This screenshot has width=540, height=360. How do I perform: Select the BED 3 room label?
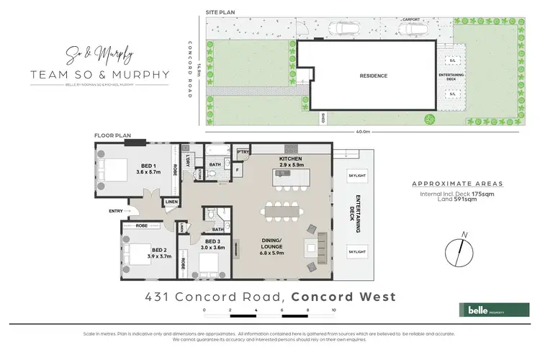point(213,240)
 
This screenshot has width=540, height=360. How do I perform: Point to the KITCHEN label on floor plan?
point(291,158)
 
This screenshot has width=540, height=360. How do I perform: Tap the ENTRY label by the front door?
point(114,211)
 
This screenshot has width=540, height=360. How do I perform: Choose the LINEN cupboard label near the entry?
point(171,202)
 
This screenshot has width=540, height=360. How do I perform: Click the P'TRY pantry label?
point(243,153)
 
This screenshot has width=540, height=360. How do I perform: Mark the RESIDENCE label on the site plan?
point(374,76)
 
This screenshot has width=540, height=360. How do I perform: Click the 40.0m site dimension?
point(362,132)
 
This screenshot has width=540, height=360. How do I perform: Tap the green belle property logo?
point(488,310)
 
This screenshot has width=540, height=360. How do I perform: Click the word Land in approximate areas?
point(433,201)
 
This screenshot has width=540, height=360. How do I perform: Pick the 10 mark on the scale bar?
point(334,309)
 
